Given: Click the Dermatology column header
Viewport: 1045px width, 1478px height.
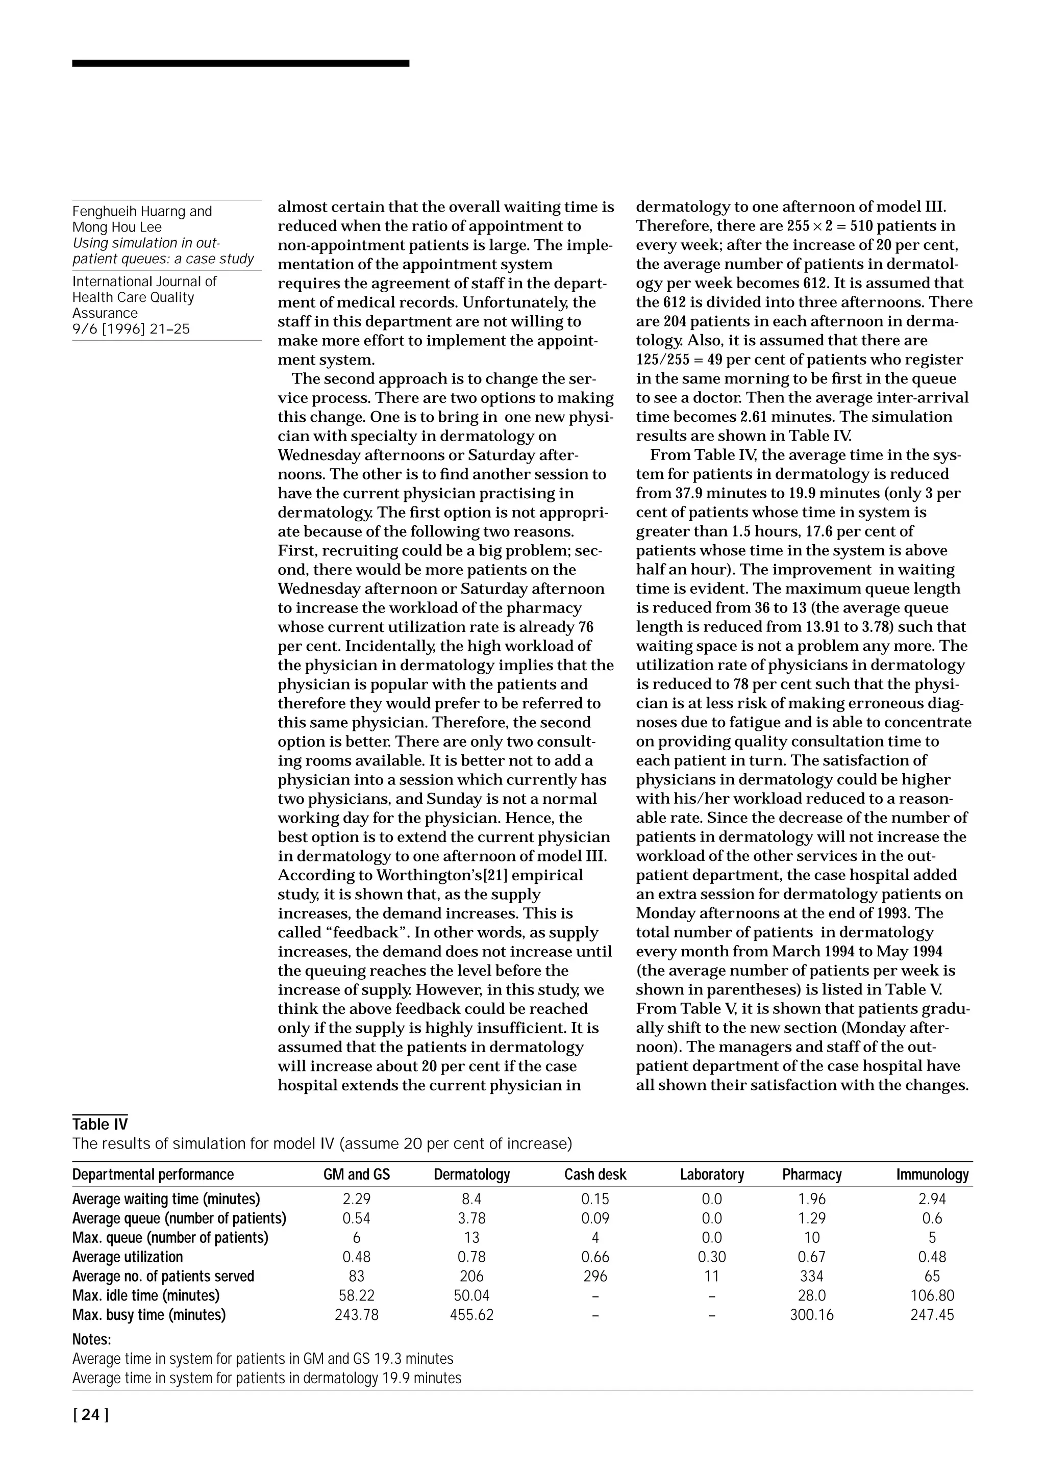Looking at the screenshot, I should pyautogui.click(x=471, y=1174).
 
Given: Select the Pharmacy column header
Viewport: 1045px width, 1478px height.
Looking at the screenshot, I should pyautogui.click(x=811, y=1174).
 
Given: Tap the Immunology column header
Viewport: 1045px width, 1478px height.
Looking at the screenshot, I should pyautogui.click(x=932, y=1174).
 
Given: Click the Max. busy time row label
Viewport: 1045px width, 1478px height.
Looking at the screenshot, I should pyautogui.click(x=148, y=1314).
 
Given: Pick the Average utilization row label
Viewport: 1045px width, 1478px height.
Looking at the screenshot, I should pyautogui.click(x=128, y=1257).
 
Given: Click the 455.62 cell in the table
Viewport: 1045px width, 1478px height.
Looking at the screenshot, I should pyautogui.click(x=471, y=1314).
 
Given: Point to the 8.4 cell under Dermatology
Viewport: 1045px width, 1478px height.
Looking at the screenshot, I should pyautogui.click(x=471, y=1199).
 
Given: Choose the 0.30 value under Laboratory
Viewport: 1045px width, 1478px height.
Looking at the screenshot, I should pyautogui.click(x=711, y=1257).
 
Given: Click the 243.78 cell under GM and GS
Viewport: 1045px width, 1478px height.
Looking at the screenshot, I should pyautogui.click(x=356, y=1314).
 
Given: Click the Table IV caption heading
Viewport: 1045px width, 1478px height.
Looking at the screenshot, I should pyautogui.click(x=100, y=1124).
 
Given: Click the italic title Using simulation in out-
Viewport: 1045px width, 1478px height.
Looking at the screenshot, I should pyautogui.click(x=146, y=243).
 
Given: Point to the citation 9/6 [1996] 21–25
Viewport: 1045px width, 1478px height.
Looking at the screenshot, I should pyautogui.click(x=131, y=329).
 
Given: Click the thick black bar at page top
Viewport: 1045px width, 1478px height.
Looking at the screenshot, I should pyautogui.click(x=240, y=63).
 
